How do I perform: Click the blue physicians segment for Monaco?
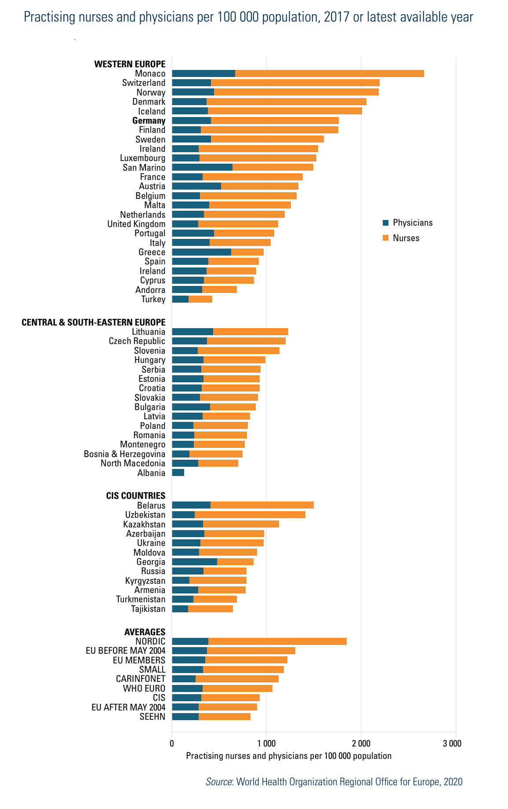203,73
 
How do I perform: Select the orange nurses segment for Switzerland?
295,83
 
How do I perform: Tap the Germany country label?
149,121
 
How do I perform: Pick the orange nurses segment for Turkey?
200,299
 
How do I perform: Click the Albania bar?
178,472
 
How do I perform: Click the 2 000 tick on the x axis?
361,743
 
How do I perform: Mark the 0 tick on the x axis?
172,743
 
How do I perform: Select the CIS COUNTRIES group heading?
136,496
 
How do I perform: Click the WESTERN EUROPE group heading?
130,64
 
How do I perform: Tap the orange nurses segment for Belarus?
262,505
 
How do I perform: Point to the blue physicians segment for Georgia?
194,562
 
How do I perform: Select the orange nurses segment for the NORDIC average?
277,641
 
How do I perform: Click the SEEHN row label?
152,717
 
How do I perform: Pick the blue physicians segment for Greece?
201,252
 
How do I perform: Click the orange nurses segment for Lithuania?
250,332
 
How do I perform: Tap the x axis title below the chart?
289,756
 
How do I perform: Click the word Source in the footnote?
219,782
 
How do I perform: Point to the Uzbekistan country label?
145,515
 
